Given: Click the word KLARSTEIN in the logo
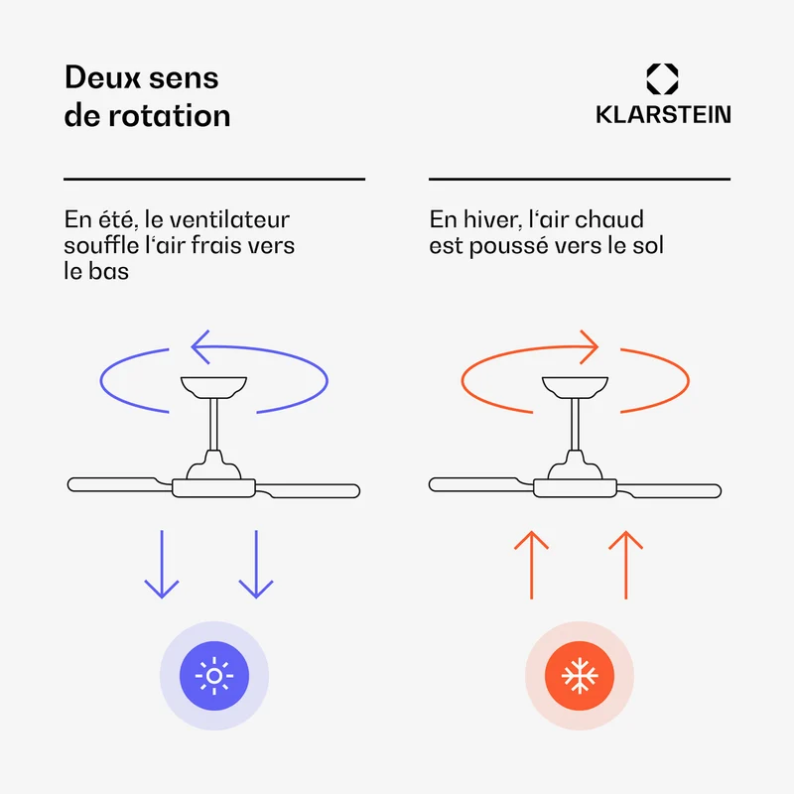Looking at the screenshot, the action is click(x=663, y=114).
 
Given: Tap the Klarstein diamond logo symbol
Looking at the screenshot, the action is click(x=662, y=79).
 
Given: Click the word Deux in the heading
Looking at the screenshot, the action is click(x=102, y=77).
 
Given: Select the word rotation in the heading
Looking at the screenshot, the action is click(x=170, y=115).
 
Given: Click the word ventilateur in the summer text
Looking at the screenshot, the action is click(x=229, y=219).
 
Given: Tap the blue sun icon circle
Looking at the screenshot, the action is click(x=214, y=676).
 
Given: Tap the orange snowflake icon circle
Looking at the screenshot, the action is click(x=580, y=676).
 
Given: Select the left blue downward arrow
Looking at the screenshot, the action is click(x=162, y=564).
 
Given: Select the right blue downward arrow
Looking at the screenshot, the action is click(x=256, y=564).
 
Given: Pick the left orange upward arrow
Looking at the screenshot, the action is click(x=531, y=565).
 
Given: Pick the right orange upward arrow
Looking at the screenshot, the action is click(x=626, y=565).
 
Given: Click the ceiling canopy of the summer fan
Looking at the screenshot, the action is click(x=213, y=387).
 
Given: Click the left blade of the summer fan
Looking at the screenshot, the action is click(x=119, y=484).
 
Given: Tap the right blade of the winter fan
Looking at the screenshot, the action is click(x=669, y=490).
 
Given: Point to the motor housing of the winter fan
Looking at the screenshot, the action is click(x=575, y=487).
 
